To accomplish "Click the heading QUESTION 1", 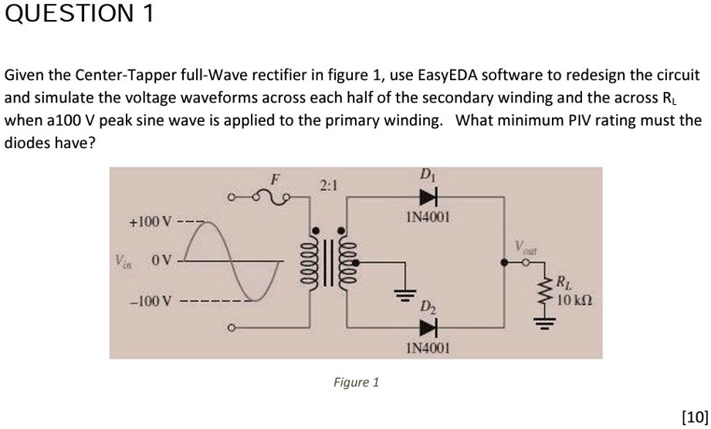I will coord(80,14).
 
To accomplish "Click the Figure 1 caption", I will coord(356,382).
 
